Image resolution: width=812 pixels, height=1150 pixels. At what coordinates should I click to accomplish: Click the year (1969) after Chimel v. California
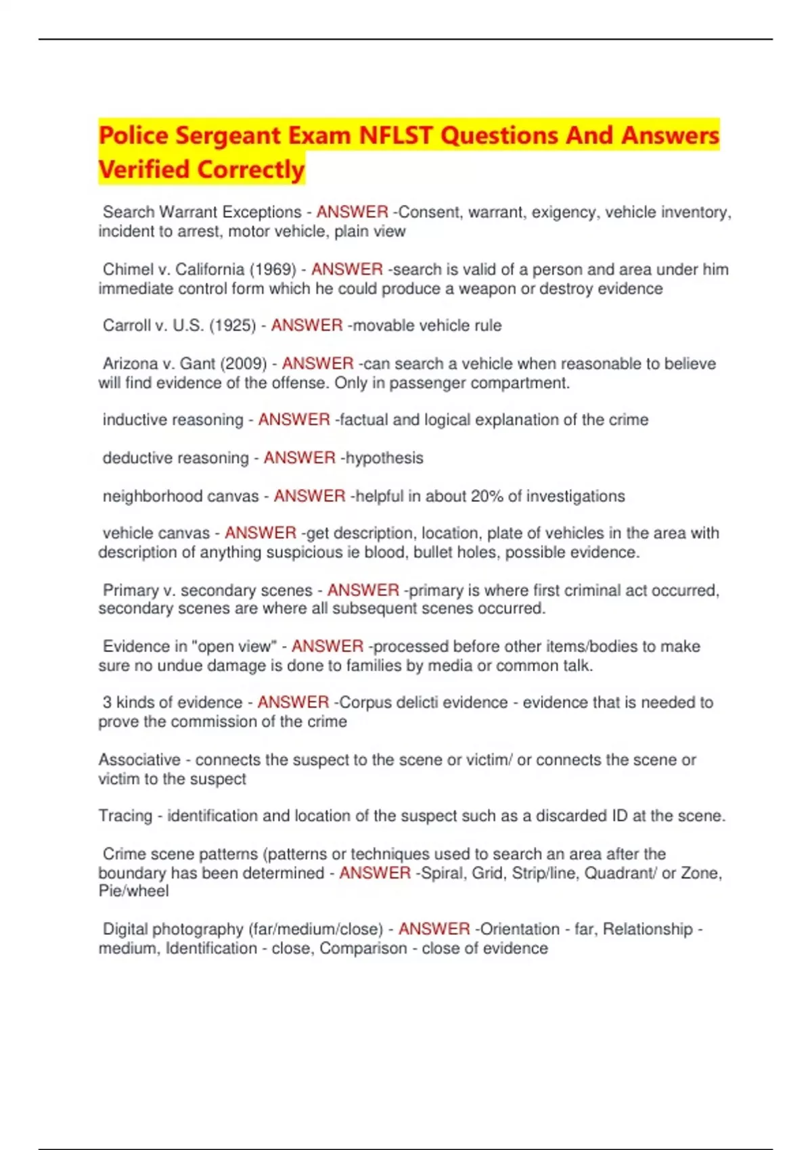click(273, 269)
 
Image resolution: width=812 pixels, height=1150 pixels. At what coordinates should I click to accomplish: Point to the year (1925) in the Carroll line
click(233, 325)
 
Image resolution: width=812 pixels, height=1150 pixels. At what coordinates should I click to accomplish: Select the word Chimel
click(127, 269)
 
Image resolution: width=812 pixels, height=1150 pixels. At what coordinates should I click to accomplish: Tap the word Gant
click(197, 363)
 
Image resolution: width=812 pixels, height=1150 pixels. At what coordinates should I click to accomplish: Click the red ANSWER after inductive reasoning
click(294, 419)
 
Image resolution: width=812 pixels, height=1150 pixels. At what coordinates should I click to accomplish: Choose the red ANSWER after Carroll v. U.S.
click(307, 325)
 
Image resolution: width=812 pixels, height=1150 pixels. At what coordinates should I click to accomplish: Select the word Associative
click(139, 760)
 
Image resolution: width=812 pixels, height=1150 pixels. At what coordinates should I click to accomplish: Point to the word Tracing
click(125, 816)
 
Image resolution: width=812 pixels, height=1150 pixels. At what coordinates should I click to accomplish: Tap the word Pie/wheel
click(133, 891)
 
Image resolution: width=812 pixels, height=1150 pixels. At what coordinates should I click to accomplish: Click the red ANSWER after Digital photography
click(434, 929)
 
